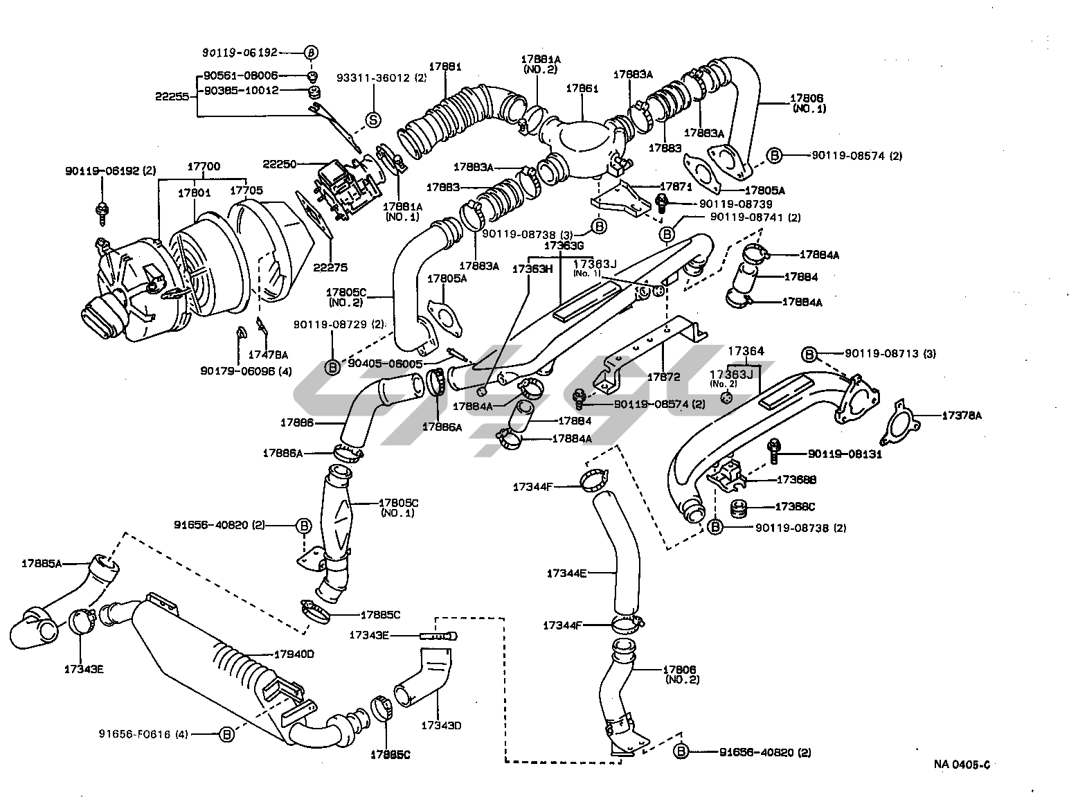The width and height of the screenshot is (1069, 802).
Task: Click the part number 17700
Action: pyautogui.click(x=204, y=166)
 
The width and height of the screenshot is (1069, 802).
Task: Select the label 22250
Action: pyautogui.click(x=279, y=164)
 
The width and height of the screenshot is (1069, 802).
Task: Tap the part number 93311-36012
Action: pyautogui.click(x=374, y=78)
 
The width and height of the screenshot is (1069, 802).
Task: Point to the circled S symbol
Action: pyautogui.click(x=373, y=120)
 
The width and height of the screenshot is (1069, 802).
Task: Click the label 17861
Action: pyautogui.click(x=582, y=89)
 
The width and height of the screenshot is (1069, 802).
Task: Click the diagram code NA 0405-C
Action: pyautogui.click(x=962, y=765)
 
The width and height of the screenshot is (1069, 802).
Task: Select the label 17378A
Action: pyautogui.click(x=962, y=416)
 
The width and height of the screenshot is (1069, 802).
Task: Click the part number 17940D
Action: pyautogui.click(x=294, y=653)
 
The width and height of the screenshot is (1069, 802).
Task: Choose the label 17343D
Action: pyautogui.click(x=441, y=725)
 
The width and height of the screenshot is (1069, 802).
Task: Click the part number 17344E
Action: pyautogui.click(x=566, y=573)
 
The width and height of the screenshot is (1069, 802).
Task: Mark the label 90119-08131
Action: pyautogui.click(x=845, y=455)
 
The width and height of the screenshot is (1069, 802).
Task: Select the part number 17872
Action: pyautogui.click(x=664, y=377)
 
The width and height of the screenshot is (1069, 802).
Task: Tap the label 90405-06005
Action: pyautogui.click(x=385, y=363)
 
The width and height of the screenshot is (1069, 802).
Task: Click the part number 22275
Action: pyautogui.click(x=330, y=267)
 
